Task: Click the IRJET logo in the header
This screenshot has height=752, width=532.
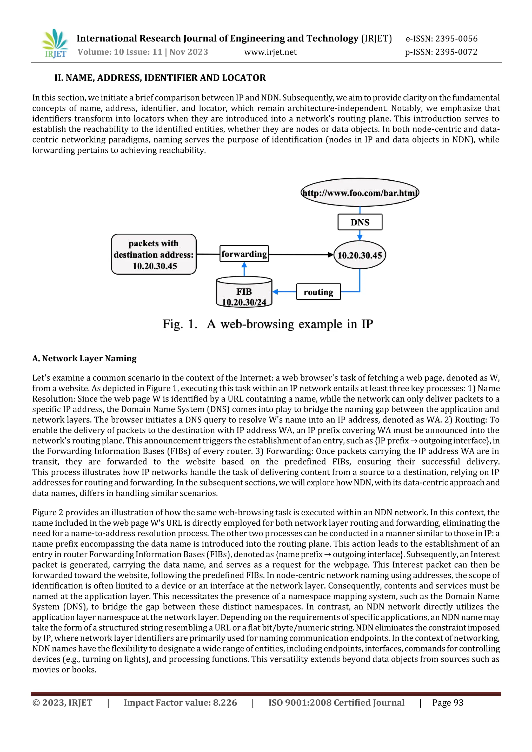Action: coord(55,44)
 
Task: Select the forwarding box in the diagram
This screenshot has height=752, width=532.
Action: coord(244,254)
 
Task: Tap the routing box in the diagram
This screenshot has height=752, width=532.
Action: coord(318,292)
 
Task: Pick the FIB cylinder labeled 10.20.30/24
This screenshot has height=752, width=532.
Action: coord(244,292)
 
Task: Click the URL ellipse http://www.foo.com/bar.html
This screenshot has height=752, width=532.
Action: coord(360,193)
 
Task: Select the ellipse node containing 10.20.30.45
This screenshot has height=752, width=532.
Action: coord(360,255)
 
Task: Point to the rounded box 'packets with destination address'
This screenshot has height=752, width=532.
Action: coord(154,254)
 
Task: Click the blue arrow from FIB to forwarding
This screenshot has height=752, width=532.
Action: coord(244,269)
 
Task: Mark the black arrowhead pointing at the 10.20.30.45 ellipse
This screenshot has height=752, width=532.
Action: coord(330,254)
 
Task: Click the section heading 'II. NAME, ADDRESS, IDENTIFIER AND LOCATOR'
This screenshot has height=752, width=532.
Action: coord(160,78)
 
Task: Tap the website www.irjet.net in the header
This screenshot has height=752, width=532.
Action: coord(270,52)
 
